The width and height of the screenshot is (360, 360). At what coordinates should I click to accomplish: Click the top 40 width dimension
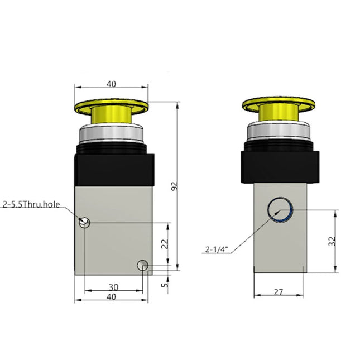coord(111,84)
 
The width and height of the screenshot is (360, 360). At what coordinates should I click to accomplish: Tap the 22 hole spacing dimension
coord(163,244)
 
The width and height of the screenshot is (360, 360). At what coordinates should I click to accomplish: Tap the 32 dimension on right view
coord(332,242)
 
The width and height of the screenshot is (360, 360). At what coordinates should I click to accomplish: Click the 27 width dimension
coord(278,291)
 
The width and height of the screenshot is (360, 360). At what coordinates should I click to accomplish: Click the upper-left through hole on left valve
coord(84,223)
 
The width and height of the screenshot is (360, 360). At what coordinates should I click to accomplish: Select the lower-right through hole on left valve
coord(143,265)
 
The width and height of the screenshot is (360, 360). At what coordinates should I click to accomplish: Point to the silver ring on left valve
coord(112,134)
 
